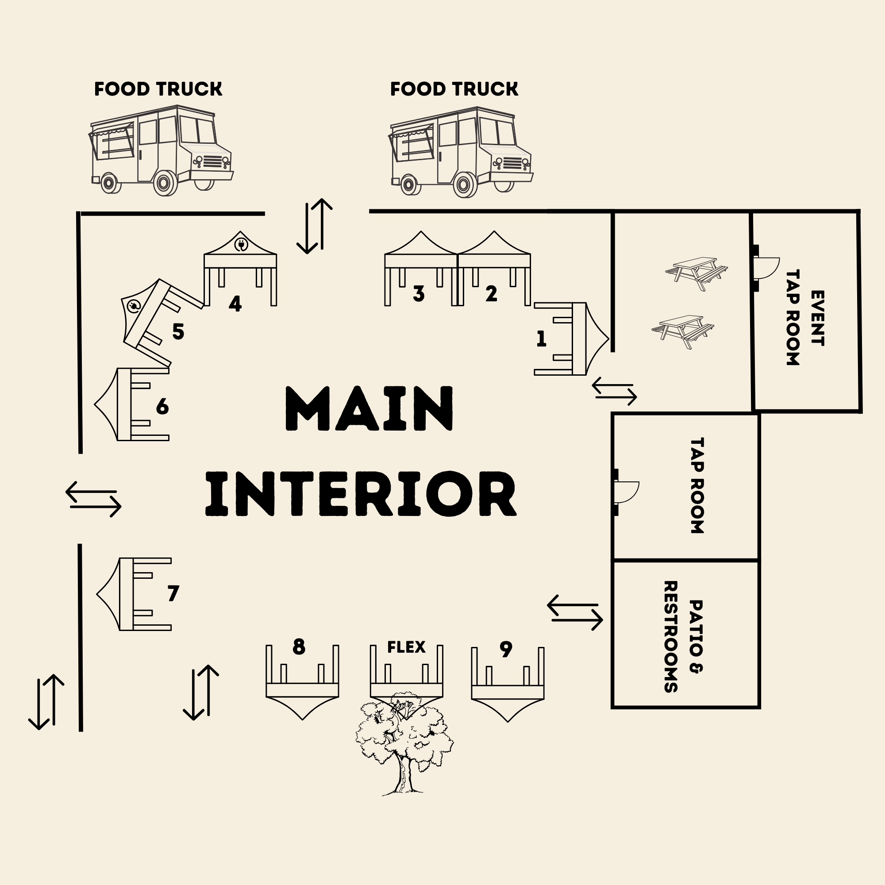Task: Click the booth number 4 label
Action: (x=235, y=304)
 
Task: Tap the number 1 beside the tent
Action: (x=541, y=339)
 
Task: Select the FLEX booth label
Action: (x=406, y=647)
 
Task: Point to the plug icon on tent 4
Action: (x=241, y=245)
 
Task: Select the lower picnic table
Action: (x=682, y=331)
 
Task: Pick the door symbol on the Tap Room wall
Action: (x=625, y=493)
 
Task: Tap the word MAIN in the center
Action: (x=369, y=408)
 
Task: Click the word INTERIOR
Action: (x=361, y=494)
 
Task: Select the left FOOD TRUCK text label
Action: (x=158, y=89)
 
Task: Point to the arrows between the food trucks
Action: (x=315, y=226)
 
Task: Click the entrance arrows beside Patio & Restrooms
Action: (x=575, y=612)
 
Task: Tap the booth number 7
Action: (x=173, y=593)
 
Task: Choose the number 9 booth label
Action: (x=505, y=649)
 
